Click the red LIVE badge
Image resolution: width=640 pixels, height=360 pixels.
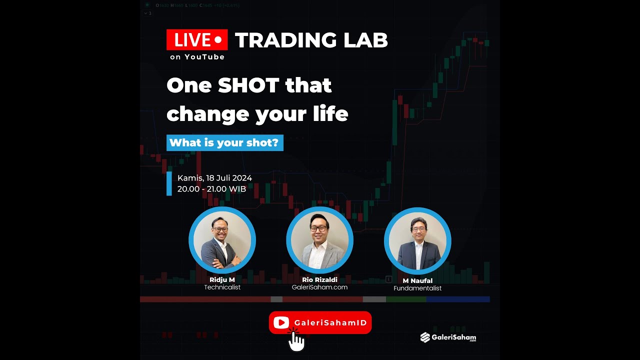click(197, 40)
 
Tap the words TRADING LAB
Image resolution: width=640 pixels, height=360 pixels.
click(311, 40)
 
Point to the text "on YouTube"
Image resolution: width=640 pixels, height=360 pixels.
click(197, 57)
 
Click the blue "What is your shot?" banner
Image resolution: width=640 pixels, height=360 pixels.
click(224, 143)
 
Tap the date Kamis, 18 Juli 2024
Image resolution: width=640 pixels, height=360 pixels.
click(214, 178)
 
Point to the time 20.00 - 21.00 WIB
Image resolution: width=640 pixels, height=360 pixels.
click(211, 189)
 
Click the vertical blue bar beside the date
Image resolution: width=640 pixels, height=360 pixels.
click(169, 183)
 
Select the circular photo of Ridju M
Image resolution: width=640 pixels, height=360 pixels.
click(222, 240)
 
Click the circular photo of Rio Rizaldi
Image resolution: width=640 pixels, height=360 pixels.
click(319, 240)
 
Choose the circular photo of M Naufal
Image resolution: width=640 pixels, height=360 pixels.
click(417, 241)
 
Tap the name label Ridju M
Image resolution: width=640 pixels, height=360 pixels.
click(222, 280)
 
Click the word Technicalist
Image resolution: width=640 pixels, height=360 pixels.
click(222, 287)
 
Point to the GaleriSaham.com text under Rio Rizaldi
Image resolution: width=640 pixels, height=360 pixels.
click(319, 287)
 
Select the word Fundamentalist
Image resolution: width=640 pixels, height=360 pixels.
click(417, 288)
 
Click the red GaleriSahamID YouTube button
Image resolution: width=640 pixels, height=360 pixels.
click(320, 322)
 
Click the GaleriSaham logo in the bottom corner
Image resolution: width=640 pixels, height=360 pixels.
click(448, 337)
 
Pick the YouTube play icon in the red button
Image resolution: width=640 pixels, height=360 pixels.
click(281, 323)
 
